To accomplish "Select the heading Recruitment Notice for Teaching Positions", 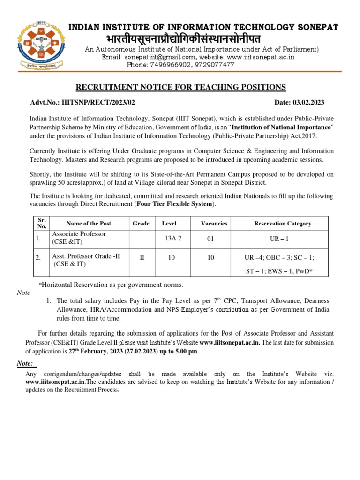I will pyautogui.click(x=181, y=87).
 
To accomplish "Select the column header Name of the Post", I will pyautogui.click(x=89, y=224).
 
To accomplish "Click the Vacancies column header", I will pyautogui.click(x=214, y=224).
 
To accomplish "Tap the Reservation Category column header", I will pyautogui.click(x=282, y=224).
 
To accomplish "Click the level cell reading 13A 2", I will pyautogui.click(x=172, y=238).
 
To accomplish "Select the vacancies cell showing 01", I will pyautogui.click(x=210, y=239).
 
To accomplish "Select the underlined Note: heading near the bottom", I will pyautogui.click(x=26, y=364).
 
